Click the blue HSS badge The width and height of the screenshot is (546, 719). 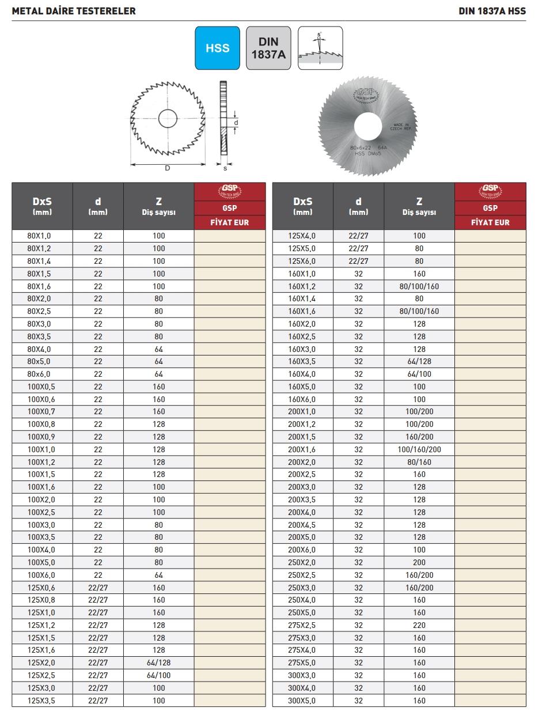pos(217,48)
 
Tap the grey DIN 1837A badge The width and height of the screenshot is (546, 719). pos(268,48)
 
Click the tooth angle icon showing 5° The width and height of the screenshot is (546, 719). pos(320,48)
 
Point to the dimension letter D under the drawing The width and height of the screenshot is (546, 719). pos(168,168)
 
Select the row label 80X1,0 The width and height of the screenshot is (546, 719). pos(43,236)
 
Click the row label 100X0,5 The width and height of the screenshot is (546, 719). pos(43,387)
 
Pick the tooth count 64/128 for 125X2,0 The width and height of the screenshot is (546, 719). pos(159,663)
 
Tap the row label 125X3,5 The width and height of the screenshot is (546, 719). pos(43,701)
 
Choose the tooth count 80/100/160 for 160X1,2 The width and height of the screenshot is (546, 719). pos(419,286)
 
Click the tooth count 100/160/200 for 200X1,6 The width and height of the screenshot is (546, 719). pos(419,449)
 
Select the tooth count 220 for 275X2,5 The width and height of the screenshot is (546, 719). pos(419,625)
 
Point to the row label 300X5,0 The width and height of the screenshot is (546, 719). pos(302,701)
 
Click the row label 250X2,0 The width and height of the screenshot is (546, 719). pos(302,562)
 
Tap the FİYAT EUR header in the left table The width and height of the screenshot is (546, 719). pos(230,222)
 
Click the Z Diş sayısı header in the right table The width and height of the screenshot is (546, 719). pos(419,206)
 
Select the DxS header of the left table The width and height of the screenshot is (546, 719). pos(43,206)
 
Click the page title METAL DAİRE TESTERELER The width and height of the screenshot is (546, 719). pos(74,11)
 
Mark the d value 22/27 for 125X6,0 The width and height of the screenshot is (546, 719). pos(358,261)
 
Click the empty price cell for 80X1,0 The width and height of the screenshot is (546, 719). pos(230,236)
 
